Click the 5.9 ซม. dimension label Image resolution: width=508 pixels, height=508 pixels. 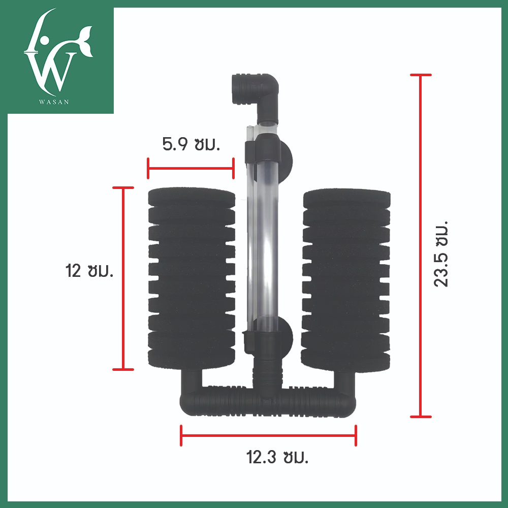tap(191, 144)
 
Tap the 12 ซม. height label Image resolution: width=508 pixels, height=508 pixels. tap(89, 271)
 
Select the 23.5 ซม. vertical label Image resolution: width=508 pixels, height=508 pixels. tap(441, 253)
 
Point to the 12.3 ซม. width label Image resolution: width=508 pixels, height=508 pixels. tap(277, 457)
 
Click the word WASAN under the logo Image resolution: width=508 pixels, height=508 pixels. tap(54, 102)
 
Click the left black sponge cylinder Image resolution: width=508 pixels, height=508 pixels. tap(192, 278)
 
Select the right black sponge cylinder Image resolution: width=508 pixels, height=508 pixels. tap(346, 280)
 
